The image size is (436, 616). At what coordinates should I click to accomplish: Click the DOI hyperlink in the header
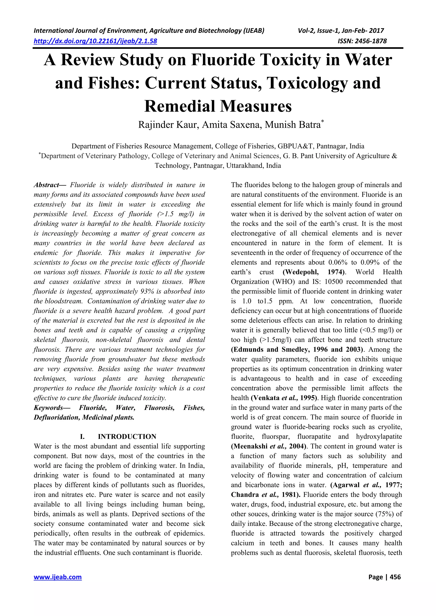point(95,41)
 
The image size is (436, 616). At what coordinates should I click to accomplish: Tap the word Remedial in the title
point(180,106)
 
